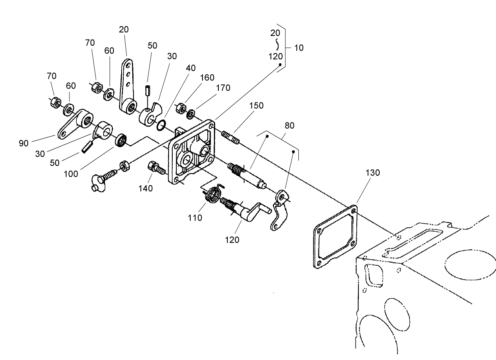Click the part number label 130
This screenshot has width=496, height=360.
(373, 173)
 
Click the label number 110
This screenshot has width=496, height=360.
(195, 218)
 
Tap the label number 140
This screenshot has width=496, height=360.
(146, 188)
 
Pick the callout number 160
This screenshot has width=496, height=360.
(207, 78)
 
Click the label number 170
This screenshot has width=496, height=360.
(223, 88)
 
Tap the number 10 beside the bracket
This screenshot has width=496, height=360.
(298, 48)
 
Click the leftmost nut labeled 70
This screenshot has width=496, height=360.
(55, 102)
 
